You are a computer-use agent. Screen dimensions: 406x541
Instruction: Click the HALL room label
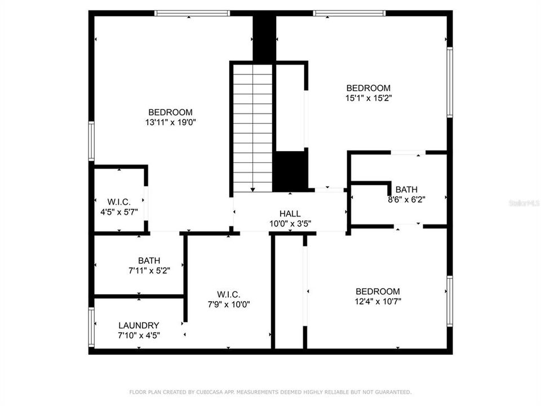pos(290,214)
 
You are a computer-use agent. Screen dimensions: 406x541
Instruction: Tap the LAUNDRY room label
pos(139,325)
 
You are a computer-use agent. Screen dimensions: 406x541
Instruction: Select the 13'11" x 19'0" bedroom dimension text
pos(170,122)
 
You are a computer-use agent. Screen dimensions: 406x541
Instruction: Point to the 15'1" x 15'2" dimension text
pos(368,98)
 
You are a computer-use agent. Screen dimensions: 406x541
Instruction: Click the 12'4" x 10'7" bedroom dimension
pos(378,301)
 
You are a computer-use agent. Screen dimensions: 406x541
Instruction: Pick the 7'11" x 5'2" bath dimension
pos(149,270)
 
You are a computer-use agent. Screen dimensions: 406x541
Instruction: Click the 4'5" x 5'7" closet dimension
pos(119,211)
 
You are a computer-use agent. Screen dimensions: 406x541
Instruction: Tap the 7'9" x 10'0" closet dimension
pos(228,304)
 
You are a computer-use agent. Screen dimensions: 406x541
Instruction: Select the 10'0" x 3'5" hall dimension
pos(290,223)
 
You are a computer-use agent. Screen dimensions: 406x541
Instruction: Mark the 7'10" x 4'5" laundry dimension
pos(139,336)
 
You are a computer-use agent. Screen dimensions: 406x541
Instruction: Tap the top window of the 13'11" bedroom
pos(192,13)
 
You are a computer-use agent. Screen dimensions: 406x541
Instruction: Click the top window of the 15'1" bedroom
pos(349,13)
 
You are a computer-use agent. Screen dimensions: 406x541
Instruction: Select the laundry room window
pos(91,327)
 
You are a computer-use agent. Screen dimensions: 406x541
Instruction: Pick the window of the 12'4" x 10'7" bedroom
pos(449,301)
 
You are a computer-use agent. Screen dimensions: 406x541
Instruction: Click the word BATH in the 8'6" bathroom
pos(406,189)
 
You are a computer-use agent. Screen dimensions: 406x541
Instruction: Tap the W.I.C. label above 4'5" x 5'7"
pos(119,202)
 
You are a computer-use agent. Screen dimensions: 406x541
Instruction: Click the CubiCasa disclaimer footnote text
pos(270,391)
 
